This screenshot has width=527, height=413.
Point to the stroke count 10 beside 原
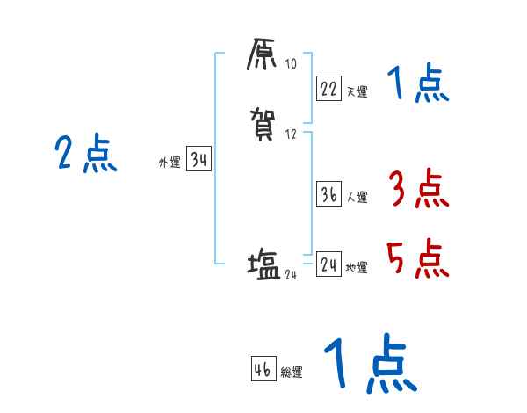tap(292, 64)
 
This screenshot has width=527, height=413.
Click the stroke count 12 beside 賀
tap(292, 134)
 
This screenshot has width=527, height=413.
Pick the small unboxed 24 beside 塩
tap(292, 274)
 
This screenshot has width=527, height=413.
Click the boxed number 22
tap(328, 88)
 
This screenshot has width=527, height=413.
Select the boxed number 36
tap(328, 195)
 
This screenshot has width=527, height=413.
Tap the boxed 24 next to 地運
tap(328, 264)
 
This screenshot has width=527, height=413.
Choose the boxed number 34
tap(199, 160)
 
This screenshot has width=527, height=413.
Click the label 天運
tap(357, 91)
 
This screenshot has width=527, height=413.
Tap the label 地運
tap(357, 268)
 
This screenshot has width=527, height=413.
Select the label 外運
tap(169, 163)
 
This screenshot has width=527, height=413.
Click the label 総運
tap(292, 373)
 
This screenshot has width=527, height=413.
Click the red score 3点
tap(417, 190)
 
